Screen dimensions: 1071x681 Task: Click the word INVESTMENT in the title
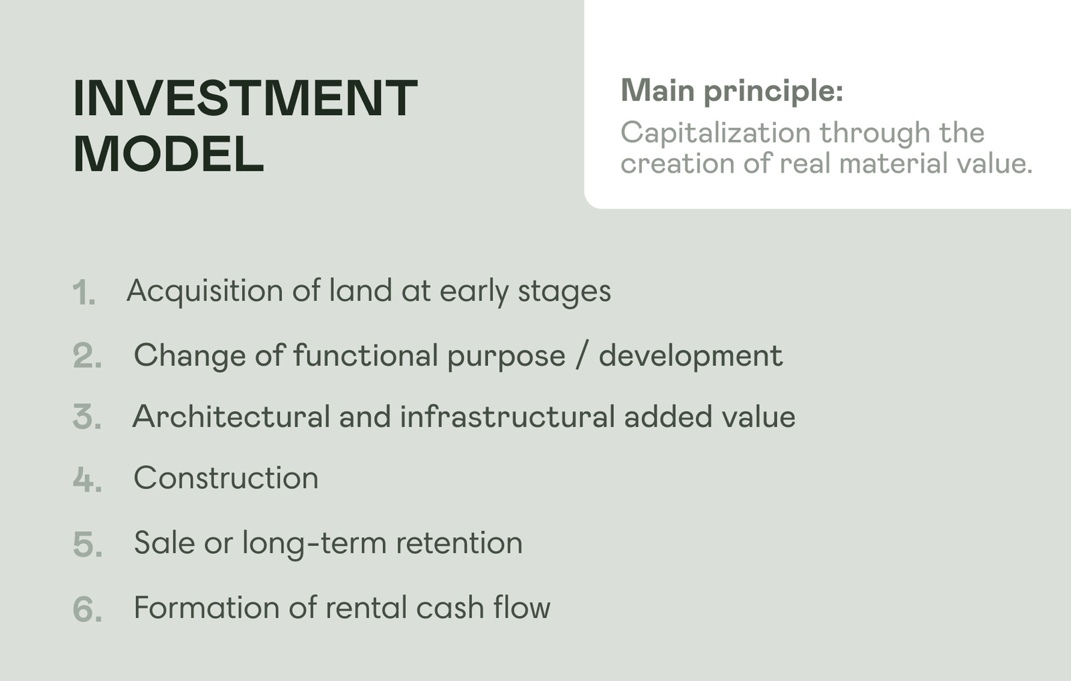click(245, 98)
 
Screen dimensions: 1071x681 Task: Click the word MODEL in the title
click(168, 154)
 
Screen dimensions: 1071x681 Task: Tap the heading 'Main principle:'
click(732, 90)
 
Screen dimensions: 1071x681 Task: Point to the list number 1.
click(84, 292)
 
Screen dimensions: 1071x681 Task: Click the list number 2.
click(87, 356)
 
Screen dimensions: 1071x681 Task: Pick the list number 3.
click(87, 417)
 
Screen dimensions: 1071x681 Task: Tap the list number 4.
click(87, 478)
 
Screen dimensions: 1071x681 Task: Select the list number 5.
click(88, 543)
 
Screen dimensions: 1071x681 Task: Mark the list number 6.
click(88, 609)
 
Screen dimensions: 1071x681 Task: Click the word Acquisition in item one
click(205, 292)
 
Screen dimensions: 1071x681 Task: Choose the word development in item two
click(690, 357)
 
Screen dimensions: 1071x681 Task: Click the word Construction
click(226, 478)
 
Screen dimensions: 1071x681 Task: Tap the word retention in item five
click(459, 543)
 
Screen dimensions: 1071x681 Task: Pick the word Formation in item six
click(207, 608)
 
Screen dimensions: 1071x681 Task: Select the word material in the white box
click(894, 163)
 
